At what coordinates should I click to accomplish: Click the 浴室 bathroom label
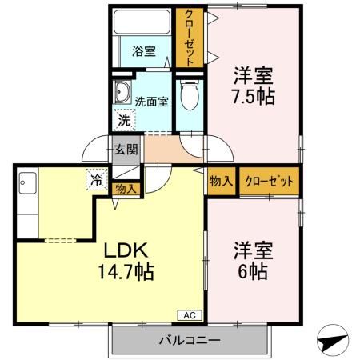coord(144,52)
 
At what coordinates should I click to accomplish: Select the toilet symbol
coord(189,98)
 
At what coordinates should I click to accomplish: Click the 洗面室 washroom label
coord(151,102)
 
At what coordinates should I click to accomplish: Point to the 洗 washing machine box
coord(124,120)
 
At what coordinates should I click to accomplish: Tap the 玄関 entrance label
coord(125,149)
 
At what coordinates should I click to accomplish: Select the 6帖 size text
coord(254,270)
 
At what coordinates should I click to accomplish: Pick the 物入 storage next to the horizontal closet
coord(220,182)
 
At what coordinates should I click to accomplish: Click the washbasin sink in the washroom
coord(123,90)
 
